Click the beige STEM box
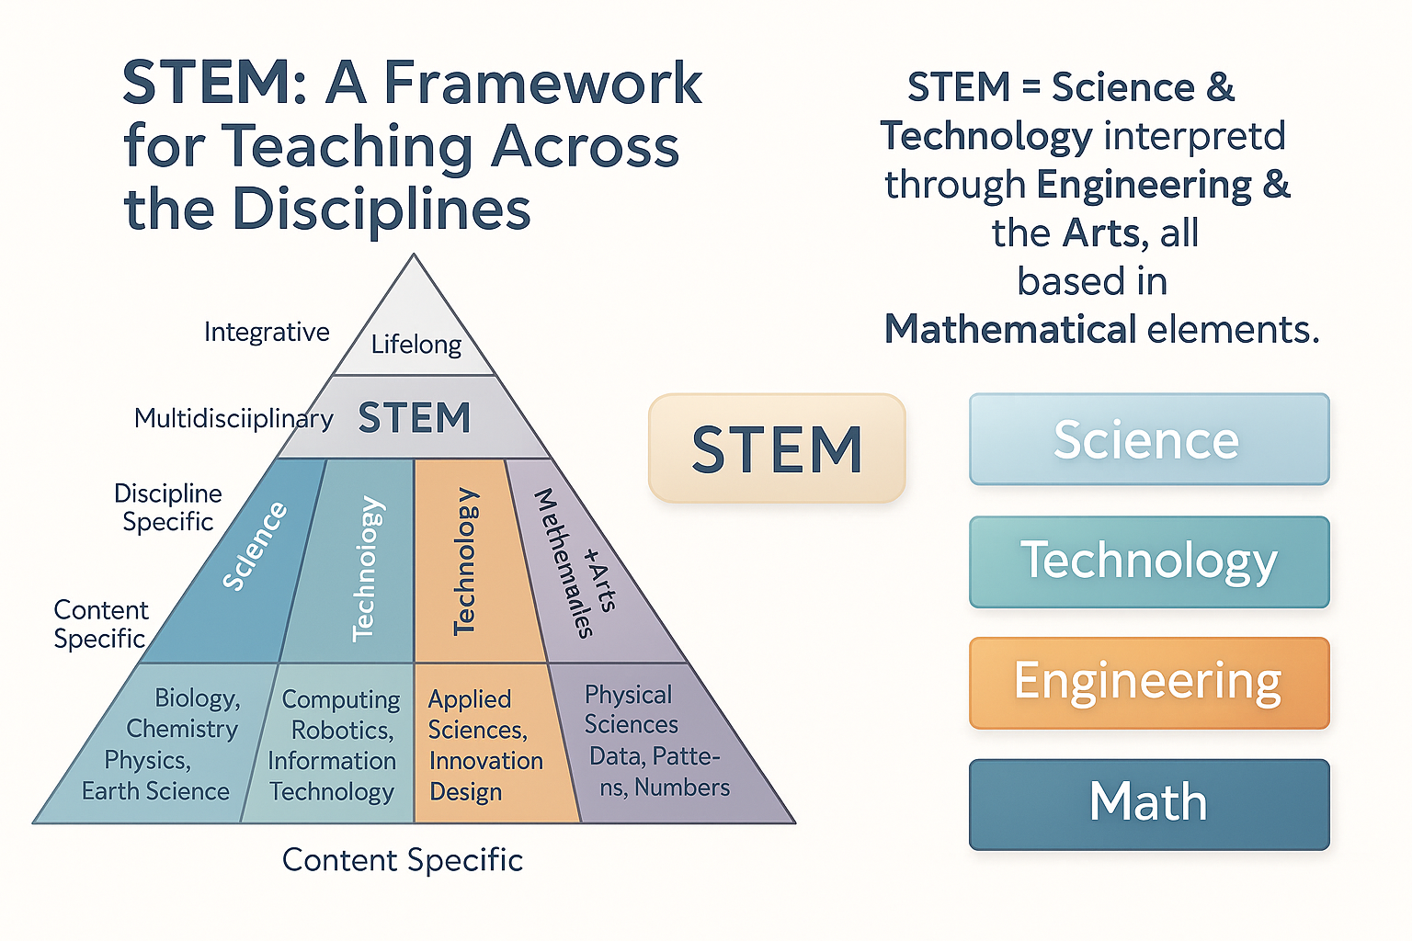coord(777,448)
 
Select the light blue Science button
coord(1148,439)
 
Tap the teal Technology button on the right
coord(1148,561)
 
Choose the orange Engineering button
coord(1148,683)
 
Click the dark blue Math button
coord(1148,803)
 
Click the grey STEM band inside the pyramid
coord(414,418)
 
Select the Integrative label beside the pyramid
coord(267,332)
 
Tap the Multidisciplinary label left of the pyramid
coord(233,418)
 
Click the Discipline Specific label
coord(168,507)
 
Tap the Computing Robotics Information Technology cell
coord(333,745)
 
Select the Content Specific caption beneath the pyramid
coord(403,860)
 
